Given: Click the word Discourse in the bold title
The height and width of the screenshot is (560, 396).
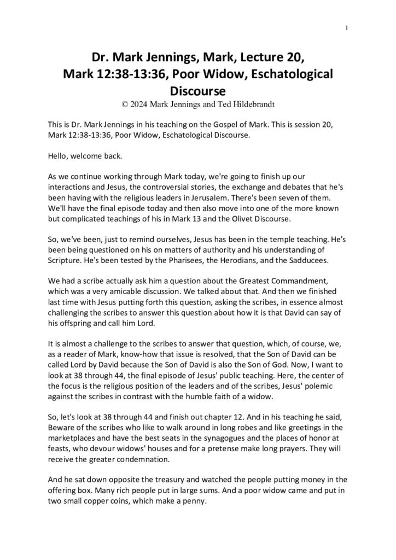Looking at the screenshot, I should (197, 89).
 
